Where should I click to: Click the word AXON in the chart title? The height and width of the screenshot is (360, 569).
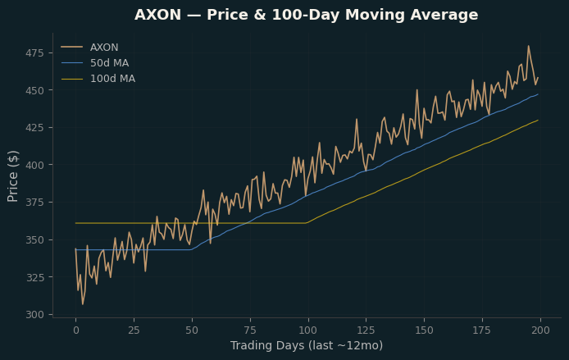pyautogui.click(x=158, y=15)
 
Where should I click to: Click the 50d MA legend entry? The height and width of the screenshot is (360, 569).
pyautogui.click(x=95, y=63)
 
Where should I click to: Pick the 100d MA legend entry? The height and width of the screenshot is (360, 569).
pyautogui.click(x=98, y=79)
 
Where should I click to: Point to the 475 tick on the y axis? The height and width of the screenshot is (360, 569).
pyautogui.click(x=34, y=53)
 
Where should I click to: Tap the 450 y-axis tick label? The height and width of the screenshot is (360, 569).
pyautogui.click(x=34, y=90)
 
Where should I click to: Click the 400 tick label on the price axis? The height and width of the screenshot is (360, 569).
pyautogui.click(x=34, y=165)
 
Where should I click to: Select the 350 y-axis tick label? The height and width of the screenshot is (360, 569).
pyautogui.click(x=34, y=240)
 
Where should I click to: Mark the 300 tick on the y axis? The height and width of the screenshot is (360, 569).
pyautogui.click(x=34, y=315)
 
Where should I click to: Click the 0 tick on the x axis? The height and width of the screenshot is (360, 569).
pyautogui.click(x=76, y=330)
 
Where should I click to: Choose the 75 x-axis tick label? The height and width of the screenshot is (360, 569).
pyautogui.click(x=250, y=330)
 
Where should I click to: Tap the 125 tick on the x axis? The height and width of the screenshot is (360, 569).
pyautogui.click(x=366, y=330)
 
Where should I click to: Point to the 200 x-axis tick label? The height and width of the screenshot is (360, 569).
pyautogui.click(x=540, y=330)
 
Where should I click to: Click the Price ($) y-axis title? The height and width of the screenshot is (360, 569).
pyautogui.click(x=12, y=176)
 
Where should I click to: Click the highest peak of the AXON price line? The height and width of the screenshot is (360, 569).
pyautogui.click(x=528, y=46)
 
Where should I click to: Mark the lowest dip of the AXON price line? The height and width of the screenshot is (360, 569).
pyautogui.click(x=83, y=304)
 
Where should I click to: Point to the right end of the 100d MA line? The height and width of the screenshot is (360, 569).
pyautogui.click(x=538, y=120)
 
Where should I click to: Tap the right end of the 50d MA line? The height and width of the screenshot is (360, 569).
pyautogui.click(x=538, y=94)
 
